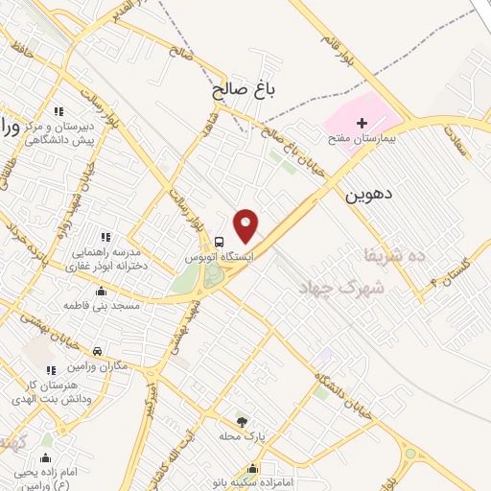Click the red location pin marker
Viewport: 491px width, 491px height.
pos(246,224)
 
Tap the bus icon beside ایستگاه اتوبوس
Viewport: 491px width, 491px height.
pos(220,242)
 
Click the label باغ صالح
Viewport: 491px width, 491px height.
pos(244,92)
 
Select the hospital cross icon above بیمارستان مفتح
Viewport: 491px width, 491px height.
pos(362,123)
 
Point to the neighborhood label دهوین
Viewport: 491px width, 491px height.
pos(367,195)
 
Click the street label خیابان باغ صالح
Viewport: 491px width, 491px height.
pos(283,145)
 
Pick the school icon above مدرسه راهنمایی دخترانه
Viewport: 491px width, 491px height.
pos(105,236)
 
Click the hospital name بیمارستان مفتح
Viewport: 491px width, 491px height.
pos(364,139)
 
